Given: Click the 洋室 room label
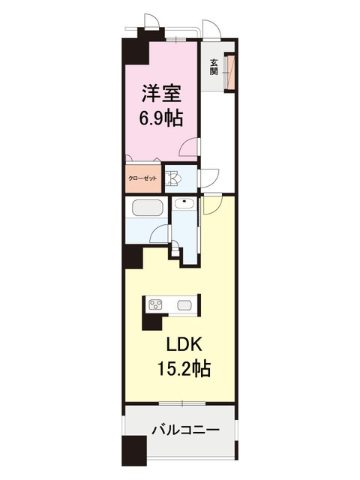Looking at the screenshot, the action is point(161,93).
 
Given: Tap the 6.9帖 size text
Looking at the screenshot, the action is point(161,118).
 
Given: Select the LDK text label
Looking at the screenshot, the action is point(184,345).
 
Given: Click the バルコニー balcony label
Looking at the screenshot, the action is point(186,430).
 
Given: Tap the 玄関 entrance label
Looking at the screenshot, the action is point(214,67).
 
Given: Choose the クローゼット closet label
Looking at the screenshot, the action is point(142,178).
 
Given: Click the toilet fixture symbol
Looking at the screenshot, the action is point(173,178).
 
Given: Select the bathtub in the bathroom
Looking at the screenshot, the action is point(147,208).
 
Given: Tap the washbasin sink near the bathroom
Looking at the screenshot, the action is point(184,203).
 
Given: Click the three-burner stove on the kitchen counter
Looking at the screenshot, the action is point(155,304).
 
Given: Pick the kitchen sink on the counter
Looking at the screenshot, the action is point(184,305).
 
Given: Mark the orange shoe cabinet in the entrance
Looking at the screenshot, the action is point(230,72).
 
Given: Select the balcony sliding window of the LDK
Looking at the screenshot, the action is point(181,404).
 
